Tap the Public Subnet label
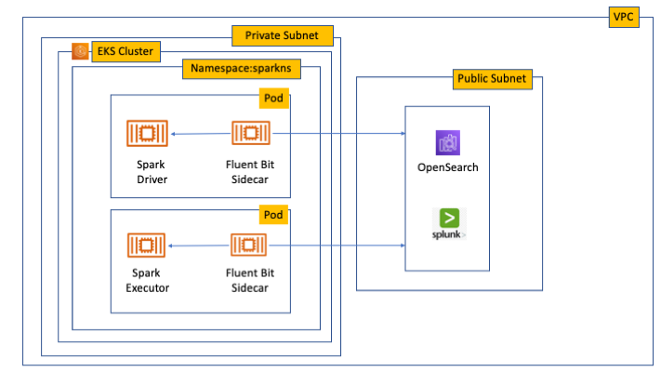tap(491, 78)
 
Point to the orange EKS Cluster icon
tap(81, 51)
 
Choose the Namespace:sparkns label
tap(239, 68)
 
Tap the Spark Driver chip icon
tap(146, 134)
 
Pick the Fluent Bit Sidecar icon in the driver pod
tap(250, 134)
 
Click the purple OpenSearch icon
tap(448, 143)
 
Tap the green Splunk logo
tap(448, 219)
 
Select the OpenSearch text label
tap(448, 167)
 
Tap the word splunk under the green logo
tap(446, 234)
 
